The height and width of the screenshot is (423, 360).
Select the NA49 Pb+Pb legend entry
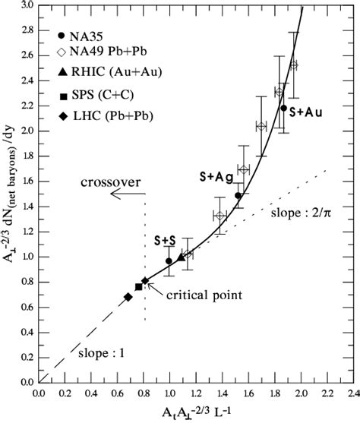click(x=103, y=52)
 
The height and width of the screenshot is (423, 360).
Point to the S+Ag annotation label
click(x=216, y=176)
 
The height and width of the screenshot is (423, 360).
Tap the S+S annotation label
click(x=166, y=241)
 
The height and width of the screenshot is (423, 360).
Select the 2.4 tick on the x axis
click(x=352, y=394)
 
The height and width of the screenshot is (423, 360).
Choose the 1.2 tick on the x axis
click(x=195, y=394)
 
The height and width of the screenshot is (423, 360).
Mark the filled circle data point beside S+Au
click(x=283, y=108)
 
